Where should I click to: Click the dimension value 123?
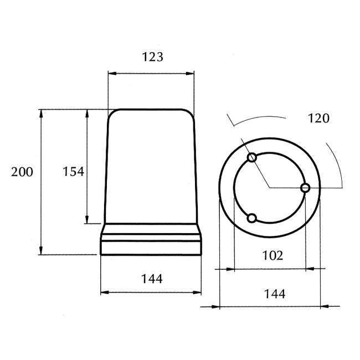(x=153, y=57)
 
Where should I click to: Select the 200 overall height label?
(x=22, y=172)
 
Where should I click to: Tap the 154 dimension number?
(x=74, y=172)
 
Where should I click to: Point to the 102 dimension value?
(x=272, y=255)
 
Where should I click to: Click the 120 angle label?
(x=318, y=119)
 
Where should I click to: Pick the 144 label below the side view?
(x=152, y=279)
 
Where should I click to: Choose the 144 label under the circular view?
(x=275, y=294)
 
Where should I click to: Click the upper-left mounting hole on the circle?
(x=252, y=157)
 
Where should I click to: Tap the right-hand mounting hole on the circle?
(x=305, y=188)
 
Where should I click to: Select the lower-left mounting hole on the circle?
(x=252, y=218)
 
